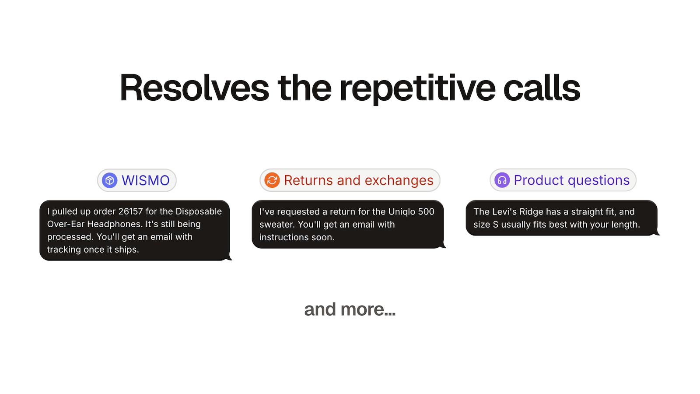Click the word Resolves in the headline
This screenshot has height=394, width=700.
point(194,88)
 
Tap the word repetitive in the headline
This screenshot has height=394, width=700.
point(417,88)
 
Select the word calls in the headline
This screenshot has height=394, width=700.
point(541,88)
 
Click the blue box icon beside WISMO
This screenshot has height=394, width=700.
point(109,180)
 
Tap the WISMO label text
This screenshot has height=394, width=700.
point(145,180)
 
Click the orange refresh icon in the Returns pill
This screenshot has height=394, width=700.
point(272,180)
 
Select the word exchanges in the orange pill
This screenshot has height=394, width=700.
point(399,180)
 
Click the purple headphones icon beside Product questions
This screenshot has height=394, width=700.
point(502,180)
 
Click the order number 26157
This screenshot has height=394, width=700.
point(130,211)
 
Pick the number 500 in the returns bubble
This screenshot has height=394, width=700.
point(426,212)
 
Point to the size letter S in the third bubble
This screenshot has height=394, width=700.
point(495,225)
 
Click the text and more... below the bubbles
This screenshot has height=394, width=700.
point(350,310)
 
